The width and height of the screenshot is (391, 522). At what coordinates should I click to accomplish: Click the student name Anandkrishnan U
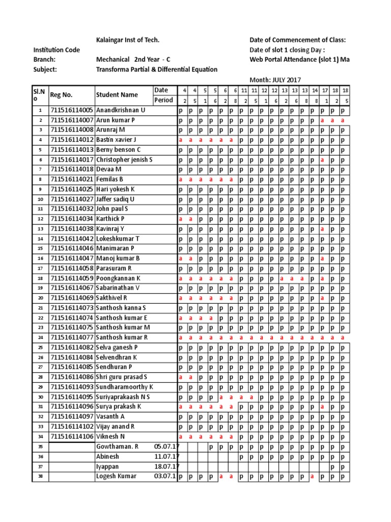[x=121, y=110]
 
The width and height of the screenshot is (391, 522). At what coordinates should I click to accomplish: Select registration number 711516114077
[x=72, y=337]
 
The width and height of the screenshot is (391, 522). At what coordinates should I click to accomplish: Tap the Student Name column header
[x=117, y=95]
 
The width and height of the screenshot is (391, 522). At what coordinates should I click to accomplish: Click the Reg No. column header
[x=62, y=95]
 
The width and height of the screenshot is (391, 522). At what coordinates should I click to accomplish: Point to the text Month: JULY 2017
[x=275, y=80]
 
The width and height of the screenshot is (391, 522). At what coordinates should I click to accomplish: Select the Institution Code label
[x=57, y=50]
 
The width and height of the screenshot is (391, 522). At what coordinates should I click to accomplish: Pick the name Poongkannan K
[x=118, y=278]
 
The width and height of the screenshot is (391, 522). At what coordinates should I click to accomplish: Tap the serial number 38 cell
[x=40, y=477]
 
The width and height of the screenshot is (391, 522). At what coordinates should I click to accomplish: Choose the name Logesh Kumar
[x=117, y=477]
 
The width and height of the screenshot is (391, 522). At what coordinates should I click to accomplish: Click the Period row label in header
[x=163, y=100]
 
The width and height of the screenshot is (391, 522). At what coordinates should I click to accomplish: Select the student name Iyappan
[x=108, y=466]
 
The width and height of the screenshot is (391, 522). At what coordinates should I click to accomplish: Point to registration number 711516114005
[x=72, y=110]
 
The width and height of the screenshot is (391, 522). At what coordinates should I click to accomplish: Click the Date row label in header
[x=161, y=90]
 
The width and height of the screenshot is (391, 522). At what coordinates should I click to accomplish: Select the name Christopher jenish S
[x=124, y=160]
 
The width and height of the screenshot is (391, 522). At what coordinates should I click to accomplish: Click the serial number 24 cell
[x=40, y=337]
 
